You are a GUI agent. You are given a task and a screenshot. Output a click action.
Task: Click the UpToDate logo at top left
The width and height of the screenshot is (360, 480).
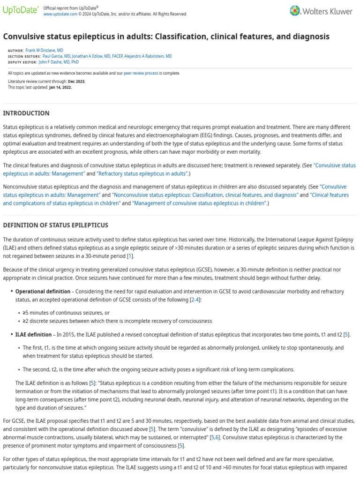[x=20, y=11]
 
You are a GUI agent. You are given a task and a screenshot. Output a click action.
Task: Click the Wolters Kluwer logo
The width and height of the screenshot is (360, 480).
[x=323, y=10]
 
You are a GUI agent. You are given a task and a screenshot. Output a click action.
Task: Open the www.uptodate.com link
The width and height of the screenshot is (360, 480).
[x=60, y=14]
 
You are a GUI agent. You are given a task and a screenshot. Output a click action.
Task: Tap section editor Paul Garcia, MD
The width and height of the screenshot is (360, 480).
[x=55, y=56]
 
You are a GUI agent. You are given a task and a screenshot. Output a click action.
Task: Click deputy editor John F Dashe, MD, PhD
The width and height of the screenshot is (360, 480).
[x=59, y=62]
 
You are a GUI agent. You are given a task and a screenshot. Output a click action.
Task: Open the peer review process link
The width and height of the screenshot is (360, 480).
[x=141, y=73]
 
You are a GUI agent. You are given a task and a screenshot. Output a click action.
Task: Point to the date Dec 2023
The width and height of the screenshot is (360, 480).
[x=76, y=82]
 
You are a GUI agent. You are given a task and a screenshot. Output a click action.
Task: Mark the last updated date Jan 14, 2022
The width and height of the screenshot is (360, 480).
[x=60, y=87]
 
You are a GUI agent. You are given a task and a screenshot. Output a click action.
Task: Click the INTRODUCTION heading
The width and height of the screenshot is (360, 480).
[x=26, y=113]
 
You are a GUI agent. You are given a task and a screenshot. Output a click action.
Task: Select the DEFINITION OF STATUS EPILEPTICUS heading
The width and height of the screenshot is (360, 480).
[x=56, y=225]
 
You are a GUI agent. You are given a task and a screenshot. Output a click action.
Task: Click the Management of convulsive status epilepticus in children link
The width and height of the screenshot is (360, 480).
[x=199, y=203]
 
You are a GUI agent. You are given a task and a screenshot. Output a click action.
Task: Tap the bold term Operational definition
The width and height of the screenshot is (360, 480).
[x=43, y=292]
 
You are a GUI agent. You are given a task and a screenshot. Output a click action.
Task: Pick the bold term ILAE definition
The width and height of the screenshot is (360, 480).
[x=33, y=335]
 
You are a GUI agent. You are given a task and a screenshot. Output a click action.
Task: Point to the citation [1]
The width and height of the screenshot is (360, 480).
[x=130, y=255]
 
